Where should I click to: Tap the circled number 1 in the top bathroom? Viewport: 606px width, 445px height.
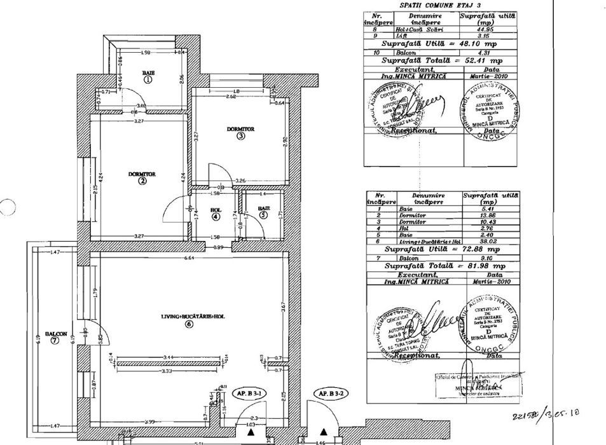148,81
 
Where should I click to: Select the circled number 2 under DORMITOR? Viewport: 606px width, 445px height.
142,181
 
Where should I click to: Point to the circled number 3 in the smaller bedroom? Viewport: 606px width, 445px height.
240,135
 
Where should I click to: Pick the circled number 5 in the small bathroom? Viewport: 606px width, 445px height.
263,216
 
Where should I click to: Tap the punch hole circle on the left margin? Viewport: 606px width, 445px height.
7,208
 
